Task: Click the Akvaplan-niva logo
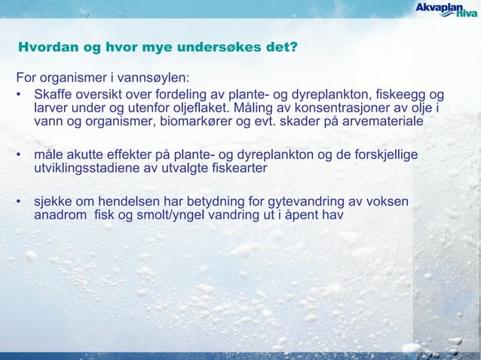coord(446,13)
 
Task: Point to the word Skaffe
coord(54,94)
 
